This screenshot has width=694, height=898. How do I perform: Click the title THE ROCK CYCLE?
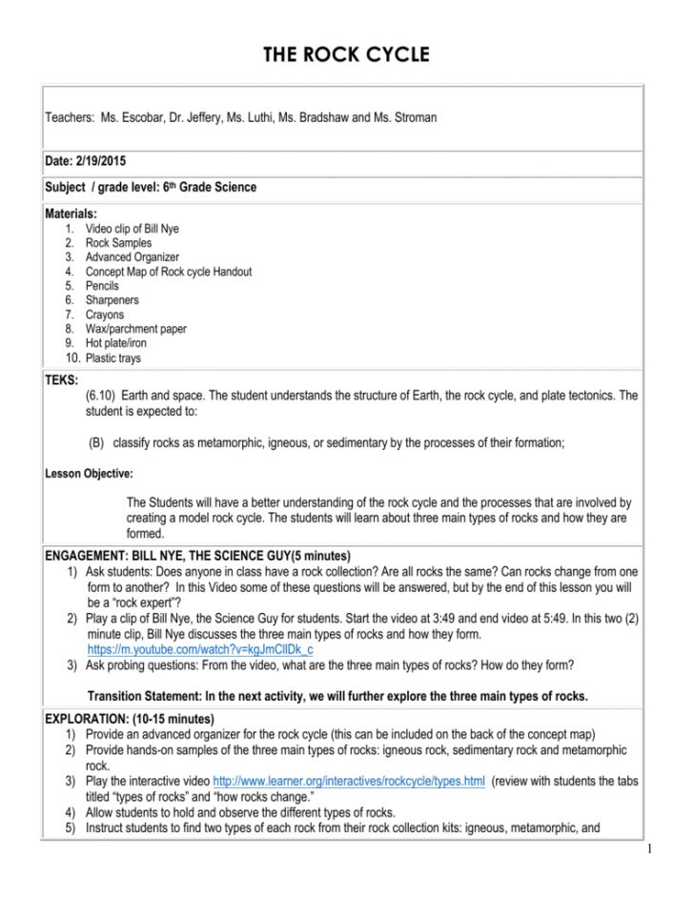pyautogui.click(x=346, y=54)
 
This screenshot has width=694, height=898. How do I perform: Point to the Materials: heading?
pyautogui.click(x=71, y=214)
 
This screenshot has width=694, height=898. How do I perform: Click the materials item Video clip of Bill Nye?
pyautogui.click(x=132, y=229)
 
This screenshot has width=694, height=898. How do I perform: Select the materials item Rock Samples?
pyautogui.click(x=118, y=243)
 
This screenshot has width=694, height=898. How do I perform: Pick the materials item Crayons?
pyautogui.click(x=104, y=315)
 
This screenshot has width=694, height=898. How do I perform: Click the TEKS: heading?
pyautogui.click(x=63, y=379)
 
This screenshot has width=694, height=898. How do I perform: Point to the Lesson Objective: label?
pyautogui.click(x=90, y=473)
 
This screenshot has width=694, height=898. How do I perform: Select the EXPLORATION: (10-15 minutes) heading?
pyautogui.click(x=130, y=718)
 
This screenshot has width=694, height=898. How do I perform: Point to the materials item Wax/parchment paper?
pyautogui.click(x=135, y=329)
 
